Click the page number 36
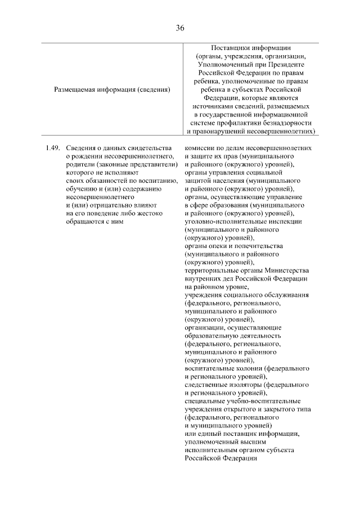(180, 28)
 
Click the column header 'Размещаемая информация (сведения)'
(112, 89)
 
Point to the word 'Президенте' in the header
(281, 65)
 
